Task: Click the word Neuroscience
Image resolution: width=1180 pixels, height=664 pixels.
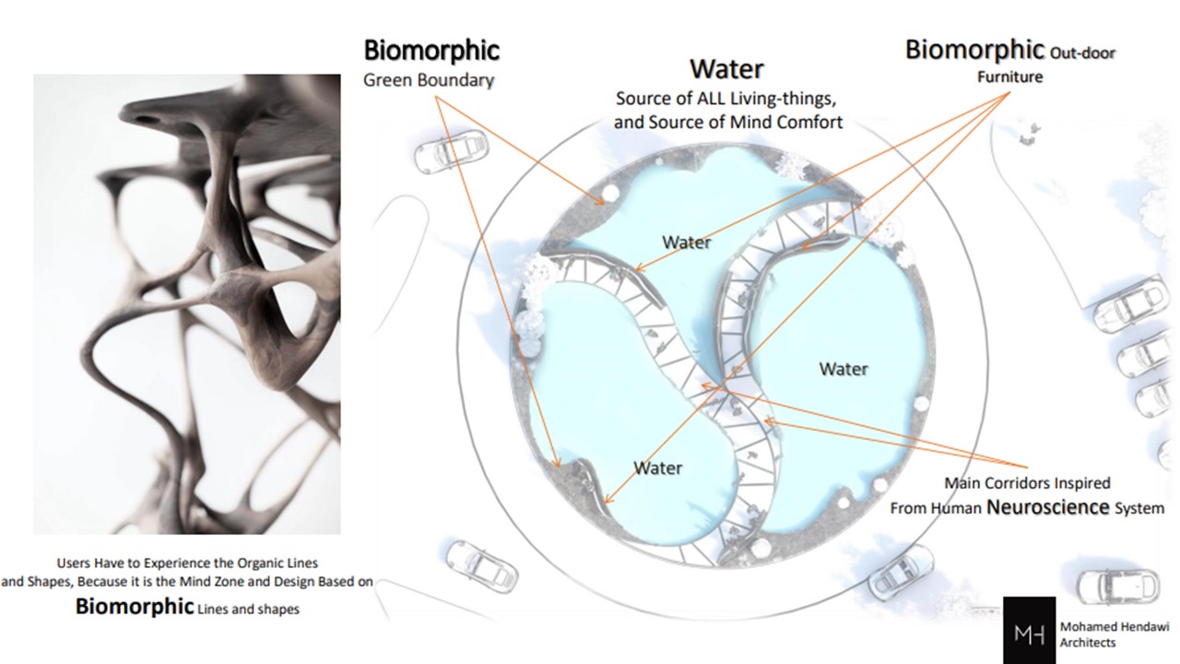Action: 1048,507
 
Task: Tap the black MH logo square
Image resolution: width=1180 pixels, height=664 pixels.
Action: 1030,630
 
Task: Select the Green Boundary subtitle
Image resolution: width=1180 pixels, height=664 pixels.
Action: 429,80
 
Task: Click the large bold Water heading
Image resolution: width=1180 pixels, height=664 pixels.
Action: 726,69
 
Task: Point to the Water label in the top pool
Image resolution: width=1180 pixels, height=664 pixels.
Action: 687,243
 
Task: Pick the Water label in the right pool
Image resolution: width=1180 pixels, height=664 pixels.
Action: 844,369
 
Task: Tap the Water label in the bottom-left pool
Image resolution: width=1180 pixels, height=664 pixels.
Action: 658,468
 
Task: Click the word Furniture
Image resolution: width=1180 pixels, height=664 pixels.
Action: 1009,77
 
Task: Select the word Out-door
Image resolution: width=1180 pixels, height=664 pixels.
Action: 1082,53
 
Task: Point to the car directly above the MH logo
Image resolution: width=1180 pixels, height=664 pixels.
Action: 1116,586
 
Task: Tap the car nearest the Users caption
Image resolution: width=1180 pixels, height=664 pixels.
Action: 481,566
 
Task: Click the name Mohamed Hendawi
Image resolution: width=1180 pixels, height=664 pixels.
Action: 1115,626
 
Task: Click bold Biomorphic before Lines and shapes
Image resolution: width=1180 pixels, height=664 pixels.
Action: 135,607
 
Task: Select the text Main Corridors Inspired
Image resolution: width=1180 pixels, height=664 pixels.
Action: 1027,482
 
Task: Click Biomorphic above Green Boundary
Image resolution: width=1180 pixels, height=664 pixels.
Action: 431,51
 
